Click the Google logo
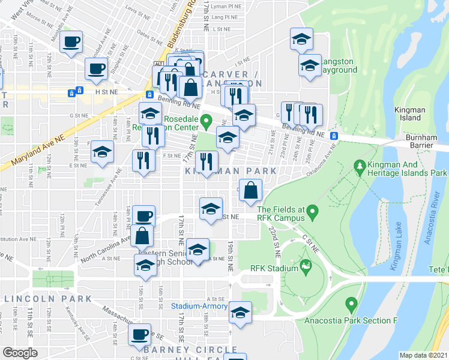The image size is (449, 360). coord(20,353)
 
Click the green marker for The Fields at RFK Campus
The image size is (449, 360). coord(313,212)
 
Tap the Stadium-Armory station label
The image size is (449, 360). coord(199,306)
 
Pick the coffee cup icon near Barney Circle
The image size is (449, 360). coord(140,334)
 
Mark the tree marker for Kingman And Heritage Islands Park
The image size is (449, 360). coord(361,164)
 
